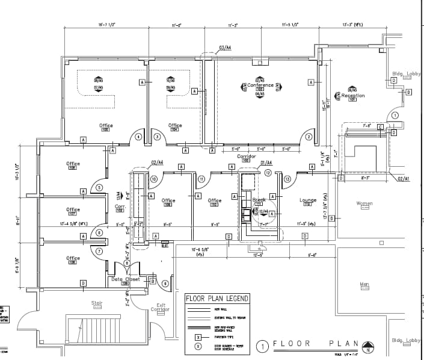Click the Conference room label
[x=260, y=85]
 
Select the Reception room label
[x=353, y=96]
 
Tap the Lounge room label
[x=308, y=200]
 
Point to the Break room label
[x=259, y=200]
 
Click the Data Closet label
[x=125, y=279]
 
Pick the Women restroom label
[x=364, y=203]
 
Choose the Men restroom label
[x=364, y=284]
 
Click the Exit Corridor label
[x=160, y=307]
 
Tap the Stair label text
[x=97, y=303]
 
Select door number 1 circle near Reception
[x=395, y=116]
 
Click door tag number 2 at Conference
[x=309, y=137]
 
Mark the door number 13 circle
[x=287, y=179]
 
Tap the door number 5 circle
[x=99, y=187]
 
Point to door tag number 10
[x=153, y=179]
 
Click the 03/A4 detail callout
[x=226, y=47]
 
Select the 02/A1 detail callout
[x=403, y=179]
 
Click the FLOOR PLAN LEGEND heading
[x=217, y=298]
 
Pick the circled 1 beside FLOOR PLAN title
[x=262, y=346]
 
